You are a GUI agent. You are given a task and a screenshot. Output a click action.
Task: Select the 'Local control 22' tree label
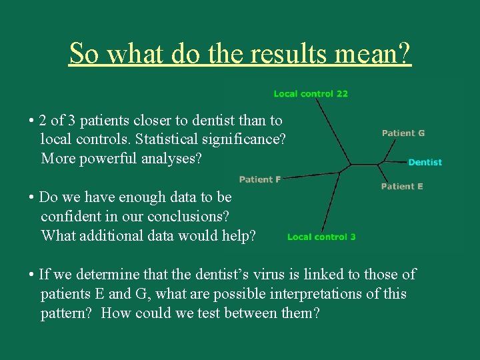311,94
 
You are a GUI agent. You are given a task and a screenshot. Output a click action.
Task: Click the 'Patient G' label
403,133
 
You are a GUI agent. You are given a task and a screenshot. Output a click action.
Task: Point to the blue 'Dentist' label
425,162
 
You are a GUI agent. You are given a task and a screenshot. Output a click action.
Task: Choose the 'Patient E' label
402,187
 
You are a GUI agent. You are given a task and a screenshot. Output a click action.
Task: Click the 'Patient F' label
259,179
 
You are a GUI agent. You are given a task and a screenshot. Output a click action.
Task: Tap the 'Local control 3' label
321,237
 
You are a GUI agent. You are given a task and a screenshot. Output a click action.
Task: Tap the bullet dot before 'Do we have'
31,198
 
